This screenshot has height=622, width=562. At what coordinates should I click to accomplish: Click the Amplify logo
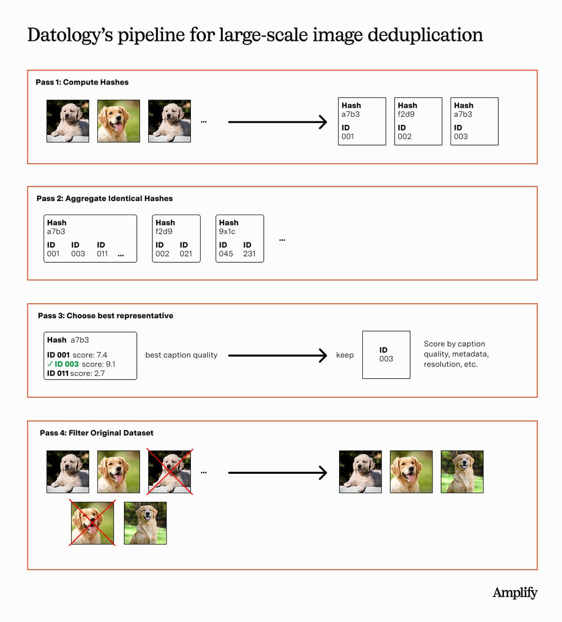514,593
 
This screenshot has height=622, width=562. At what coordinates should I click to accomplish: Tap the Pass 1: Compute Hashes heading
82,82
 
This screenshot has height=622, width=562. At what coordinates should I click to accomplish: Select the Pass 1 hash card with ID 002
418,121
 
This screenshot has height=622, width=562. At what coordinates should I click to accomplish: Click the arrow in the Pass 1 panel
277,122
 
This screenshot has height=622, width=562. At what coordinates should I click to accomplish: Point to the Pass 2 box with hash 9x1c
240,238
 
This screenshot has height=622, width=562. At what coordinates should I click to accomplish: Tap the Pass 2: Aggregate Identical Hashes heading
104,199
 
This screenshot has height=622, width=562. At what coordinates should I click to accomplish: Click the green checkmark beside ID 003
50,364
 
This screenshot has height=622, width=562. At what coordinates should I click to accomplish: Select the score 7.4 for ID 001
102,355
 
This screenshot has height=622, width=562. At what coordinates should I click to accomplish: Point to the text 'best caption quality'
181,355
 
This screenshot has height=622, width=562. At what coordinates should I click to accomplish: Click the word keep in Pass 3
345,355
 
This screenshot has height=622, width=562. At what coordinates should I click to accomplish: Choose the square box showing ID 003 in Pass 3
386,355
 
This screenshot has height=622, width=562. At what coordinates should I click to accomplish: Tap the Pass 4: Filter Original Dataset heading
96,433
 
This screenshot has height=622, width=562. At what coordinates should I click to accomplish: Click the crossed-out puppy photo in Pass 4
170,472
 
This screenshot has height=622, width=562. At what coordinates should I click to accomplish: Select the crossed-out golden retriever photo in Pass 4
92,523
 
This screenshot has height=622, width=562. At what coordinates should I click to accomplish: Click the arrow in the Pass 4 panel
277,473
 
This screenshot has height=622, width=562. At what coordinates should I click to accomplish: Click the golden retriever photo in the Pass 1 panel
119,121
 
